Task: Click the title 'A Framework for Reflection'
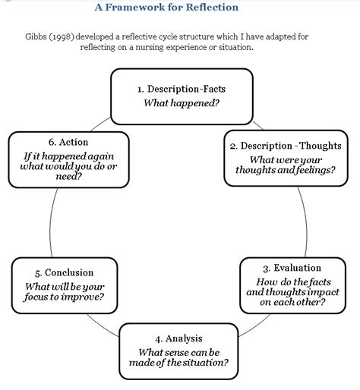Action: click(x=166, y=8)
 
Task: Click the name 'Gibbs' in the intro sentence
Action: click(x=39, y=36)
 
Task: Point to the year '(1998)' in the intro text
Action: click(x=69, y=36)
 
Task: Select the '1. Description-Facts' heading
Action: click(x=182, y=89)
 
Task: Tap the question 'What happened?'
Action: click(x=182, y=102)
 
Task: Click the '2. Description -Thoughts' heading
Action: click(x=285, y=146)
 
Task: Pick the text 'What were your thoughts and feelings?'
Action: click(x=285, y=165)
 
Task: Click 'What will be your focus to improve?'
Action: click(x=64, y=291)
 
